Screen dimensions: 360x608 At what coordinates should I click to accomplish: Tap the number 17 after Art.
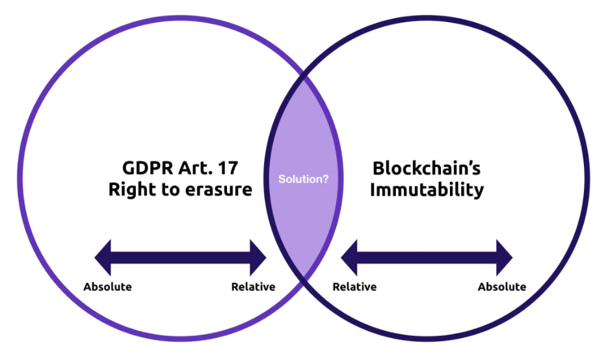click(227, 168)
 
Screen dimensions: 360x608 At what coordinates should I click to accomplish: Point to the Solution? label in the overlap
click(304, 179)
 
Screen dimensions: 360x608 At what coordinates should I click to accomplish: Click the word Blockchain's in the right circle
click(427, 168)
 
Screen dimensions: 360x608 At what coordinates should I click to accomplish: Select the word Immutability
click(427, 190)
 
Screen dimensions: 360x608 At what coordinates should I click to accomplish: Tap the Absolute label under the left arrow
click(107, 287)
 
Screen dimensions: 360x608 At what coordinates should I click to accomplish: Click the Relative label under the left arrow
click(253, 287)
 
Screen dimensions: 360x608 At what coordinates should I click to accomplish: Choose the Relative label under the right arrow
click(354, 287)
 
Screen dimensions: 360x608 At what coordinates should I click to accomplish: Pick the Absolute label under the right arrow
click(502, 287)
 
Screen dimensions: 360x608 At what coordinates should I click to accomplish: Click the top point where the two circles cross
click(304, 77)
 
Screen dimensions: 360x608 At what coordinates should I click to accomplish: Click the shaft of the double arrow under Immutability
click(427, 257)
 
